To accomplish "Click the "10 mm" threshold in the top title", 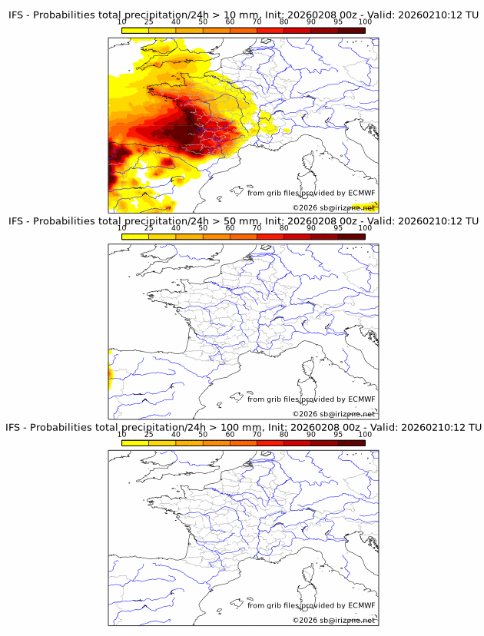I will tap(238, 15).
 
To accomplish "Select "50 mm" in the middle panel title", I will tap(238, 221).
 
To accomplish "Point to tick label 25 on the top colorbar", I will tap(149, 22).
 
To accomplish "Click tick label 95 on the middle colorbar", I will tap(338, 228).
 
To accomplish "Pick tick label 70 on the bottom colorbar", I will tap(257, 434).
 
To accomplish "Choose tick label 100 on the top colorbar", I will tap(365, 22).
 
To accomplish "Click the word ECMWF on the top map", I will tap(362, 193).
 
